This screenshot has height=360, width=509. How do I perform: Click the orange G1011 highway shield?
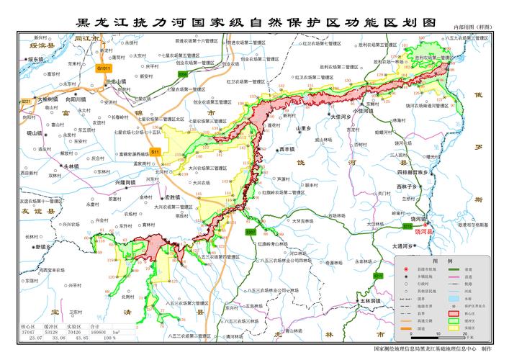[104, 68]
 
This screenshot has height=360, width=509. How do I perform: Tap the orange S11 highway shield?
[155, 152]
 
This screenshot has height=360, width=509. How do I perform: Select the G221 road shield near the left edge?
[26, 101]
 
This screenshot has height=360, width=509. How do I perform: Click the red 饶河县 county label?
[425, 232]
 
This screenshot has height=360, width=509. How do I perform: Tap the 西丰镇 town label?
[287, 150]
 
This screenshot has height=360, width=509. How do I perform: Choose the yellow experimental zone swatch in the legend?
[453, 330]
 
